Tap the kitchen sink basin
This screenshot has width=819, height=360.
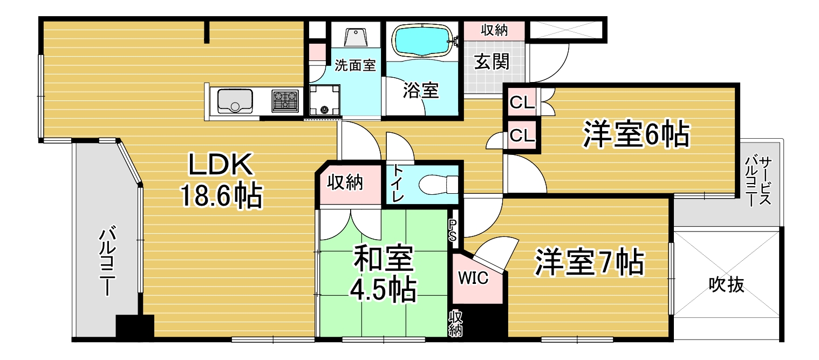pos(235,100)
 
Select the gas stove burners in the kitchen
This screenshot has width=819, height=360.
pos(285,100)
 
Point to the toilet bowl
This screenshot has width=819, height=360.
pos(438,185)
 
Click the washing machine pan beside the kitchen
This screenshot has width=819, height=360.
pos(325,100)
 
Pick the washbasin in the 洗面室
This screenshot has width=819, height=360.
pos(356,37)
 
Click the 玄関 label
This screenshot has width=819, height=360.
pos(492,62)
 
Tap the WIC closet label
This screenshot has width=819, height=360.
pos(473,278)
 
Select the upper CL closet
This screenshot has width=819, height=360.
pos(522,102)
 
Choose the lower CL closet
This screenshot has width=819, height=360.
pos(522,135)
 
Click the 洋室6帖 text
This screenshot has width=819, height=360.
pos(636,134)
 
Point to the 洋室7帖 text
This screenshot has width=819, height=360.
pos(589,262)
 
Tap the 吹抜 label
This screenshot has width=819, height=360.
pos(726,284)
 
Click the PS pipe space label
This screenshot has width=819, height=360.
pos(453,230)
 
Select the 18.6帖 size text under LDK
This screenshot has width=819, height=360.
pos(221,195)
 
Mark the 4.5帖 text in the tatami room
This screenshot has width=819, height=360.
pos(383,290)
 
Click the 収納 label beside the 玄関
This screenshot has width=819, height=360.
pos(494,30)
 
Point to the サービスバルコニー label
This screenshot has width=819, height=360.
pos(759,181)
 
